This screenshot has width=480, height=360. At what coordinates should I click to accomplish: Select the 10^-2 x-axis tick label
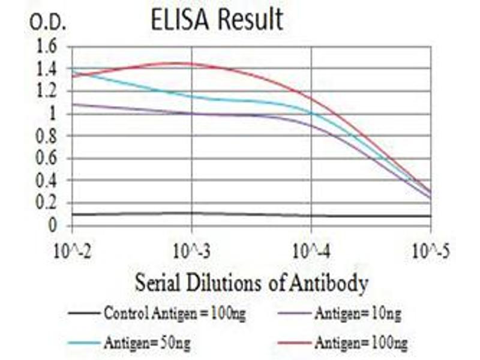pyautogui.click(x=72, y=249)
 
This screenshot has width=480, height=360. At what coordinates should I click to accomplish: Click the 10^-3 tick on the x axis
pyautogui.click(x=191, y=249)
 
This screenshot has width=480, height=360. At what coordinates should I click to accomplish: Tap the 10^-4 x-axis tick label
pyautogui.click(x=311, y=249)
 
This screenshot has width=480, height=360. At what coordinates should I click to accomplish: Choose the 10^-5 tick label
pyautogui.click(x=430, y=249)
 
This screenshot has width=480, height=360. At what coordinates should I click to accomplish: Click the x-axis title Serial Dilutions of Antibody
pyautogui.click(x=251, y=282)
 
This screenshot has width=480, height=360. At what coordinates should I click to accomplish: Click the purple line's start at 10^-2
pyautogui.click(x=72, y=104)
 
